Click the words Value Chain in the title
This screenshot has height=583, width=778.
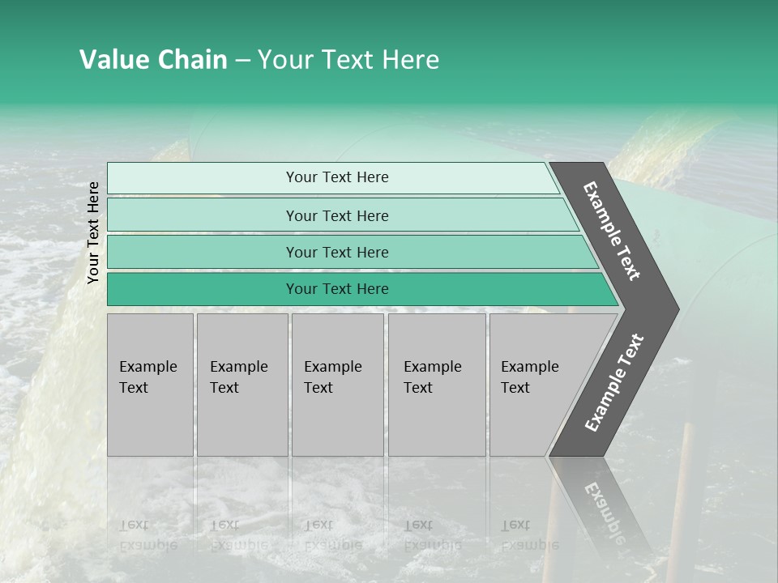tap(153, 60)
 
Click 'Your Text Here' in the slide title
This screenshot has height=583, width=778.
tap(348, 60)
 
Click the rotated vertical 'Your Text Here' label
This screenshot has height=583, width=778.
tap(93, 232)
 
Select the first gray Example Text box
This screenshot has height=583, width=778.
tap(150, 385)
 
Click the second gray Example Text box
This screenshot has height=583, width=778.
tap(242, 385)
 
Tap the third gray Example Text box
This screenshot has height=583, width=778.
tap(337, 385)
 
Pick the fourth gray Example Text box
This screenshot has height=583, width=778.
tap(437, 385)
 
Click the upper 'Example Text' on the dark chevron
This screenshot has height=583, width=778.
tap(612, 231)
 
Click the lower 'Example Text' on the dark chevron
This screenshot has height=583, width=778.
tap(613, 383)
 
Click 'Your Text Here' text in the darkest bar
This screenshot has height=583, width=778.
tap(337, 289)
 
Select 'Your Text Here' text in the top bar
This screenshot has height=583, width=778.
tap(337, 177)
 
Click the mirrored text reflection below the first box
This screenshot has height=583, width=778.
tap(147, 535)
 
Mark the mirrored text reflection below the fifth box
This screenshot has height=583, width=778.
tap(529, 535)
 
